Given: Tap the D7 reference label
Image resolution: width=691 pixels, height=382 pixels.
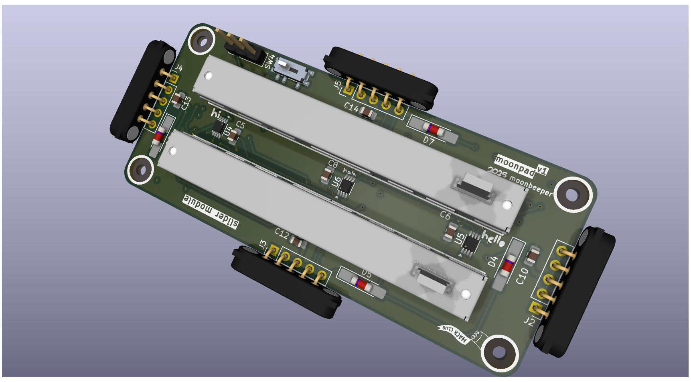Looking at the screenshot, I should point(429,141).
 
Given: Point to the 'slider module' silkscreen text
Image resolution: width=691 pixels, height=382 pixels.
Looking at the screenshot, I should point(211,211).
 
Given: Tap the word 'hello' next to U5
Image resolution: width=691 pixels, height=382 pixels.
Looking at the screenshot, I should point(493,238).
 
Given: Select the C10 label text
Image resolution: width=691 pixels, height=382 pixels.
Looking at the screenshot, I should point(522,276).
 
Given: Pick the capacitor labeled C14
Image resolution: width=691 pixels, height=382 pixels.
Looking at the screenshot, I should point(368,113).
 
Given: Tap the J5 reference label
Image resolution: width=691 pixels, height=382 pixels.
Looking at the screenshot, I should point(338,85).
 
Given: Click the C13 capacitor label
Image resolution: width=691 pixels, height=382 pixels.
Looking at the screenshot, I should point(186,104).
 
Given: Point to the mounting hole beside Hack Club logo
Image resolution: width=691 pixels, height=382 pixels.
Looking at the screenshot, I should point(499,352).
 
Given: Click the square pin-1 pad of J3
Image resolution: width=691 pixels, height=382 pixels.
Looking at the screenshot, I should point(274,250).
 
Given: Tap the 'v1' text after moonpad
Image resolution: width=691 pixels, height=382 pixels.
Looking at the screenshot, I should point(542,171).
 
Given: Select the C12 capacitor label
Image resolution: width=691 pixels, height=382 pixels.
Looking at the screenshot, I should point(282,234).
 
